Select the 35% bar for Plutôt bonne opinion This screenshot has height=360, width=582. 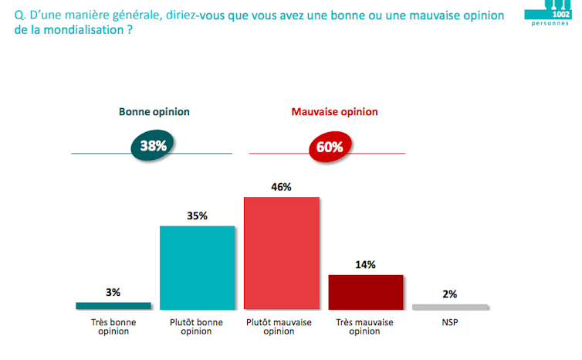(197, 267)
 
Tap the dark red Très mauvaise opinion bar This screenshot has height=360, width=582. (365, 291)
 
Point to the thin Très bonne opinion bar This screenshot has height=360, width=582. (113, 305)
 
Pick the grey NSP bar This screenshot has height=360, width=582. (450, 307)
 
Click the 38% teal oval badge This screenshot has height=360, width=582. (154, 145)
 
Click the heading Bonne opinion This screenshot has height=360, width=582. (154, 112)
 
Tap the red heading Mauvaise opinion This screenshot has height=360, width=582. (334, 112)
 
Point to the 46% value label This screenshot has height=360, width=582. (282, 186)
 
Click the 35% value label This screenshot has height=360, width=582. (197, 216)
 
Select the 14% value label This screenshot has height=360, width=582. (365, 264)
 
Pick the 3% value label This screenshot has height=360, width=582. (113, 292)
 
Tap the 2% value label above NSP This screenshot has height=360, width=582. (450, 294)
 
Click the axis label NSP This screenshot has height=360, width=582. (450, 319)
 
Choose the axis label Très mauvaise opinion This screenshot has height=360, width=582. (365, 325)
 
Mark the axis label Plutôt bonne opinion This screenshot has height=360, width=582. (197, 325)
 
